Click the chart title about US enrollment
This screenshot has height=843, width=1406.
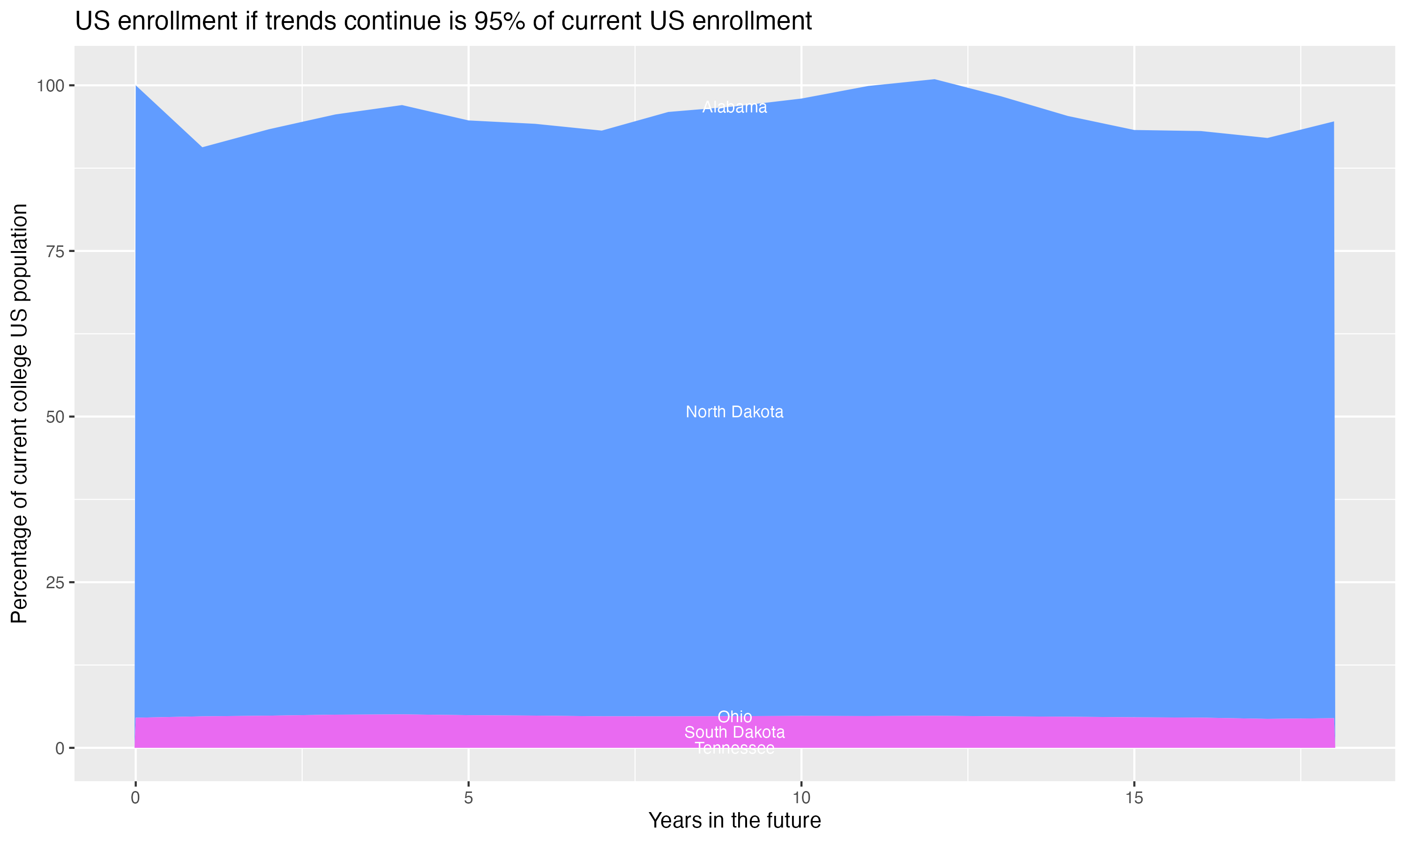[x=443, y=22]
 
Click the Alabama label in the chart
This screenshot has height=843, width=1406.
[x=734, y=107]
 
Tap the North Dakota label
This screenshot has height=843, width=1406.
[x=734, y=412]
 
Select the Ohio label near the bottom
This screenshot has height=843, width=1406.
[x=734, y=717]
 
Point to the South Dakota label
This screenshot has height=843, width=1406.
[x=734, y=732]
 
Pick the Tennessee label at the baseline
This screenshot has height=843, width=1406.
[x=734, y=748]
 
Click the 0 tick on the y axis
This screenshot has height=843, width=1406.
[x=60, y=748]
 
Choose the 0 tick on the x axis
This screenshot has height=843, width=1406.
[x=135, y=798]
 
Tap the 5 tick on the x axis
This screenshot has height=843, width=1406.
[x=468, y=798]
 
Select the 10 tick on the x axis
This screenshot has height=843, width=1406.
[x=801, y=798]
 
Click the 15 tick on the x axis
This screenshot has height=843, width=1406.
[x=1134, y=798]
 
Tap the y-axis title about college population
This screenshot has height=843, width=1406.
[x=19, y=413]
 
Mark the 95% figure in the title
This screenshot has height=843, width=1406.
[x=500, y=22]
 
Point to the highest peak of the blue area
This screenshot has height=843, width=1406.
[x=935, y=80]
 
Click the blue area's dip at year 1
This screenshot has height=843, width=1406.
[x=202, y=148]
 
